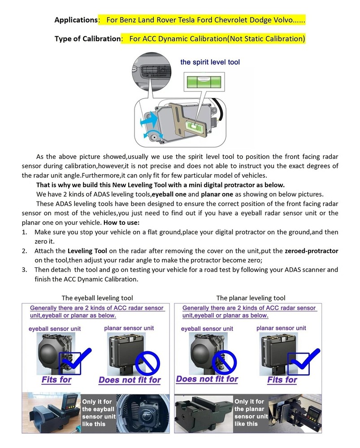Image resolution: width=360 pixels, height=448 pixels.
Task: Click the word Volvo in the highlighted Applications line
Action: point(282,20)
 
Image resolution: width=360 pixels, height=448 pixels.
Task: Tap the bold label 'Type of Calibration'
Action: point(88,39)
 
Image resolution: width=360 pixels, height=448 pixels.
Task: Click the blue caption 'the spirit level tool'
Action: point(210,62)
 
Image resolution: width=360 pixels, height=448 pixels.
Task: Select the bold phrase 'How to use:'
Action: point(122,223)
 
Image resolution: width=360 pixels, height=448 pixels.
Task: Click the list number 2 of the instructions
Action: point(24,251)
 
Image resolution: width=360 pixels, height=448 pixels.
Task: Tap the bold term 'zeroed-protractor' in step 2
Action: point(311,251)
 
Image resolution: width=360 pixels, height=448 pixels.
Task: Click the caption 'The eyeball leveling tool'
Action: point(97,298)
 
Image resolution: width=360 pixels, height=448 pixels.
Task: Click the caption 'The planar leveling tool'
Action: point(251,298)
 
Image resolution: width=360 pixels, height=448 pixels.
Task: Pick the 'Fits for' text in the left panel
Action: point(56,380)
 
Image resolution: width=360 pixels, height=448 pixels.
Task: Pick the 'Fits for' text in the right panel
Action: point(282,380)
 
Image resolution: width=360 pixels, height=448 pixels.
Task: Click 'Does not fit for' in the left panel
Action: point(130,380)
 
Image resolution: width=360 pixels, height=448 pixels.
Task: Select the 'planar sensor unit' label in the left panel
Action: point(129,328)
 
